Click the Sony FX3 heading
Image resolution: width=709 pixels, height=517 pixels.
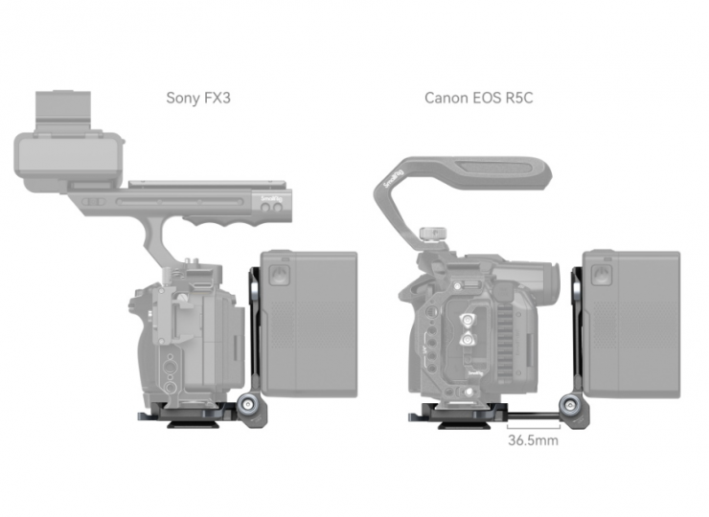pyautogui.click(x=198, y=98)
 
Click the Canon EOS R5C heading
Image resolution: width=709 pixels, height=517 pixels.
pyautogui.click(x=479, y=98)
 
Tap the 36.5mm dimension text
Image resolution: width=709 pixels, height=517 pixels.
pyautogui.click(x=533, y=440)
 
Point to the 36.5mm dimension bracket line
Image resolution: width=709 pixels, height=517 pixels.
pyautogui.click(x=534, y=427)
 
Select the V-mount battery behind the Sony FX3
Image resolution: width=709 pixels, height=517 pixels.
pyautogui.click(x=309, y=324)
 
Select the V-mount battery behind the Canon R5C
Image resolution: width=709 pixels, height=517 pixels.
pyautogui.click(x=631, y=324)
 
